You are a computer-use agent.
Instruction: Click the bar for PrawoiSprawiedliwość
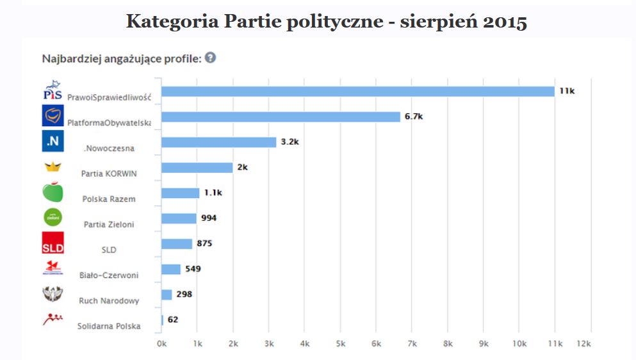(357, 91)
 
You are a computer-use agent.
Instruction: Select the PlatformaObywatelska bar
(281, 117)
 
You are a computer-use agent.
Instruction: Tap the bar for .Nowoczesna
(218, 142)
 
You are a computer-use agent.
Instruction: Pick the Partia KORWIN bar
(197, 167)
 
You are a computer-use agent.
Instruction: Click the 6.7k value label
(414, 117)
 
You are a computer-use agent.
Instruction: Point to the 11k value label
(567, 91)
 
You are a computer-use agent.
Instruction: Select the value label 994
(208, 218)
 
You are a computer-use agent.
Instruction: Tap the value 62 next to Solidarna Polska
(173, 320)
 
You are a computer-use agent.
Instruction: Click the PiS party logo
(53, 90)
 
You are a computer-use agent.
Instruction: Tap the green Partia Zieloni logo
(53, 218)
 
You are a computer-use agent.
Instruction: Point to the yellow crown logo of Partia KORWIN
(53, 168)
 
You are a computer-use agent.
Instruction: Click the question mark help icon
(210, 58)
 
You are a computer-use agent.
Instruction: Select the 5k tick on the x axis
(341, 344)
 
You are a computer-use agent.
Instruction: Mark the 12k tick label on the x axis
(583, 344)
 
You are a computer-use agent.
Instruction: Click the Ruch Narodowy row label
(109, 301)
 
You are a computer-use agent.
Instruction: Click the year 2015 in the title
(503, 22)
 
